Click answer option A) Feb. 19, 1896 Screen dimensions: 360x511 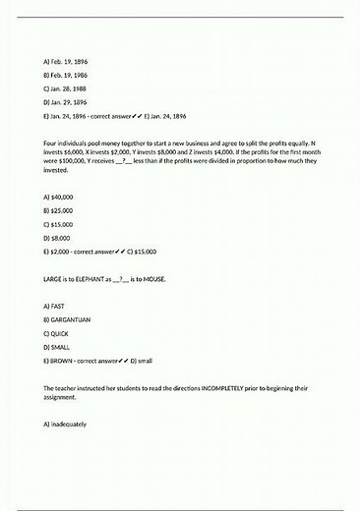click(x=66, y=61)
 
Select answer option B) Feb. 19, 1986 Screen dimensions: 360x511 click(x=66, y=75)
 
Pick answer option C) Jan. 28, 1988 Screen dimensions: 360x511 click(x=66, y=88)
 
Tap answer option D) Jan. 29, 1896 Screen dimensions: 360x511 click(x=66, y=102)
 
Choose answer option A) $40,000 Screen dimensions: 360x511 click(x=59, y=198)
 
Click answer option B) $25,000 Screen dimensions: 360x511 click(x=59, y=210)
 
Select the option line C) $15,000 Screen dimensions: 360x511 click(x=59, y=224)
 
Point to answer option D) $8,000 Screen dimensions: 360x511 click(x=58, y=238)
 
